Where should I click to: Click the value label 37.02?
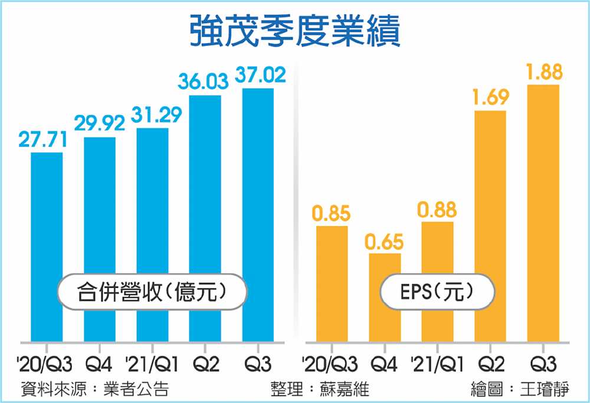260,76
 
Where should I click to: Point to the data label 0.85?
331,214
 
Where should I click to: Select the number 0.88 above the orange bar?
437,210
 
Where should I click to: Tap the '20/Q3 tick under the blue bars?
41,363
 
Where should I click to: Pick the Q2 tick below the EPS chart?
490,363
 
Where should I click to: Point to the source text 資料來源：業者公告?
94,389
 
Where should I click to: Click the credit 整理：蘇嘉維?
320,389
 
